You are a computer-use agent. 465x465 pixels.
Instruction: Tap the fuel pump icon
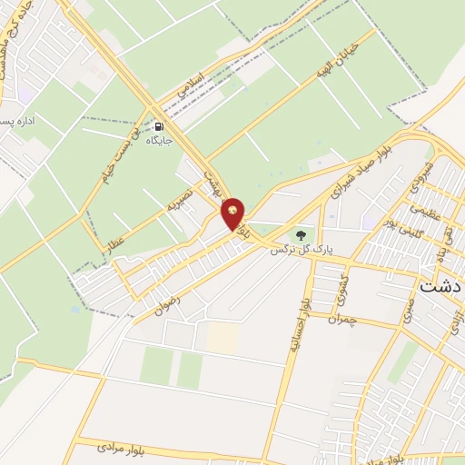(x=161, y=127)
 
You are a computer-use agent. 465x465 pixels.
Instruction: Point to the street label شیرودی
(x=422, y=172)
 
